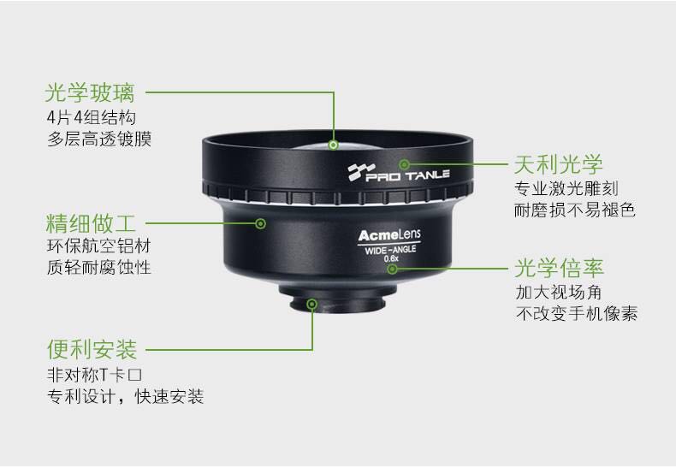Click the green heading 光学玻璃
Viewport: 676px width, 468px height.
(90, 92)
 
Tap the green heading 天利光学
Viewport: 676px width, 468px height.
(558, 164)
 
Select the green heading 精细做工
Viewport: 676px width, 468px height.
(91, 223)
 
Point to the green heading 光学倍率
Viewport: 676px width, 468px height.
(559, 268)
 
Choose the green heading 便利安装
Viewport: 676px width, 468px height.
(92, 349)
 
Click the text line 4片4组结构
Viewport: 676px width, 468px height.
(92, 117)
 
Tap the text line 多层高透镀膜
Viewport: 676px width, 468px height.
(99, 139)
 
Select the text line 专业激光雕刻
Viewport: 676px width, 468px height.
(566, 188)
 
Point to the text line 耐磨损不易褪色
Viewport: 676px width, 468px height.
(575, 210)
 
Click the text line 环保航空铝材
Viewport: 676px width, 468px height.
(98, 246)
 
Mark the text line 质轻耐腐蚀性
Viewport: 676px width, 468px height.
(98, 267)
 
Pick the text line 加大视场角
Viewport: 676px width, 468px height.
(559, 292)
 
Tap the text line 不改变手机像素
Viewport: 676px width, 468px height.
(577, 313)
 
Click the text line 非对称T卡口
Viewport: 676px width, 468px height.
(94, 375)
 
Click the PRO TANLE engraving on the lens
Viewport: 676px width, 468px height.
(399, 172)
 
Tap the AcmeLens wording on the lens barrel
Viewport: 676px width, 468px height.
(389, 235)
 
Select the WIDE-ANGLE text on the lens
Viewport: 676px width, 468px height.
(390, 250)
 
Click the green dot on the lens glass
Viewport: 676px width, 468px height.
(333, 145)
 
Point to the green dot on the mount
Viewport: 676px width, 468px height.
(312, 305)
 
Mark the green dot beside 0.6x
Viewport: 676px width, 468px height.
(392, 270)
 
